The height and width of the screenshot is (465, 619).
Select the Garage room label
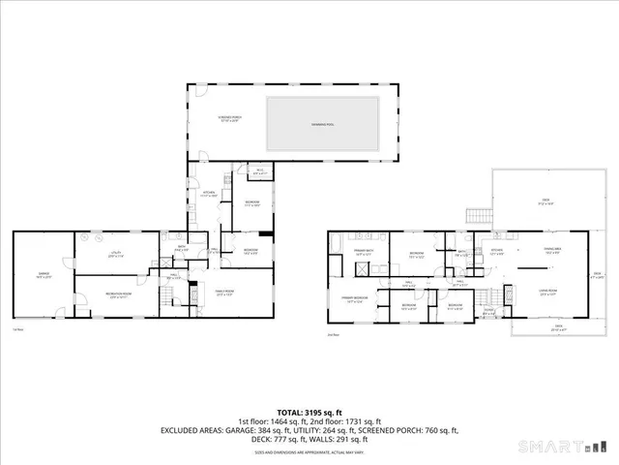click(44, 275)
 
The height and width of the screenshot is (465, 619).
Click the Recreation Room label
click(118, 295)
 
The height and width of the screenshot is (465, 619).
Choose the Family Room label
click(224, 292)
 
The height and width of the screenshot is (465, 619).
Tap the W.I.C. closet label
click(257, 172)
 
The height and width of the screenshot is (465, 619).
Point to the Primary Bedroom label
click(353, 298)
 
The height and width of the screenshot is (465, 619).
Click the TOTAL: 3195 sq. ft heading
click(309, 413)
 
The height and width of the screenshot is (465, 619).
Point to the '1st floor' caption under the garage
click(18, 329)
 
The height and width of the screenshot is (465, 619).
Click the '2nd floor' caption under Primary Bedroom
click(333, 334)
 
